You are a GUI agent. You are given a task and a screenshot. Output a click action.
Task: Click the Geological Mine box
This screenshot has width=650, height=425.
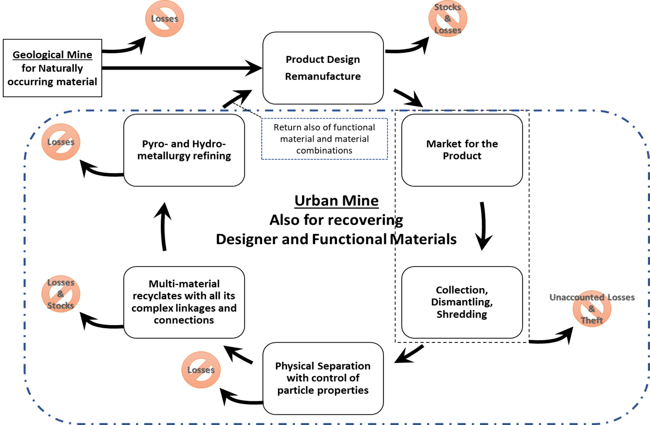point(52,68)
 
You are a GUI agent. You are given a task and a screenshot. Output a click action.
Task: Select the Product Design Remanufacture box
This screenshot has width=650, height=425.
point(323,68)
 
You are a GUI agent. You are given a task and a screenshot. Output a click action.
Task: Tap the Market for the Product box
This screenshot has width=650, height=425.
point(462,150)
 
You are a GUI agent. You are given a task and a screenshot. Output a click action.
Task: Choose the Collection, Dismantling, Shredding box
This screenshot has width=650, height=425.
point(462,302)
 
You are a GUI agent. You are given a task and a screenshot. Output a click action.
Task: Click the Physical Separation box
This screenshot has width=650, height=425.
point(323,378)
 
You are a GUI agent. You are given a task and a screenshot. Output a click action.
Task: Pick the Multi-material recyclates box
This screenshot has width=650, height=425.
point(184,302)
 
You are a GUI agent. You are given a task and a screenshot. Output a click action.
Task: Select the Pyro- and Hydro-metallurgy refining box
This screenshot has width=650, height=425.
point(184,150)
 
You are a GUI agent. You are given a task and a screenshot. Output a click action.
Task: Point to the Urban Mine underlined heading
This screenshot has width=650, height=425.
point(336,201)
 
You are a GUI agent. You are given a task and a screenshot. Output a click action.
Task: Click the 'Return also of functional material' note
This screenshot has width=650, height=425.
point(324,139)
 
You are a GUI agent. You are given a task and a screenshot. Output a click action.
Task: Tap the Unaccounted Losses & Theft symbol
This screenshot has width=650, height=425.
point(592,309)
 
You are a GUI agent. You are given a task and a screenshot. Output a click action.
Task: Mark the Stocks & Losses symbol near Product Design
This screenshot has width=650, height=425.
point(448,19)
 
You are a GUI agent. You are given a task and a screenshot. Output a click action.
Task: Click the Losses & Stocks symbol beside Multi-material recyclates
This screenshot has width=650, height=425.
point(61,294)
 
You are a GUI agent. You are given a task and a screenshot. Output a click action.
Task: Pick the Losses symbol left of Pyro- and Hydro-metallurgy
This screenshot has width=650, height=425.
point(61,142)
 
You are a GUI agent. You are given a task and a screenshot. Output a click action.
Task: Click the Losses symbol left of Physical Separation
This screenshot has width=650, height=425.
point(201,370)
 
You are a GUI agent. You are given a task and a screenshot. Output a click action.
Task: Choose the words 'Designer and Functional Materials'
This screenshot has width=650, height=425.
point(336,239)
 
